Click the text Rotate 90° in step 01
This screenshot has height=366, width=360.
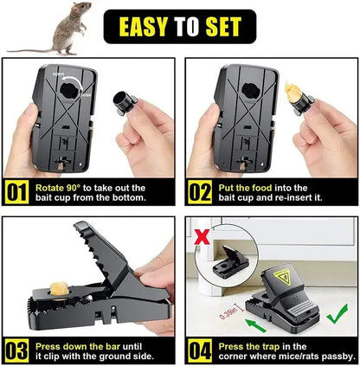coord(60,188)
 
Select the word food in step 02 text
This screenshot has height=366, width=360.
coord(258,188)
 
